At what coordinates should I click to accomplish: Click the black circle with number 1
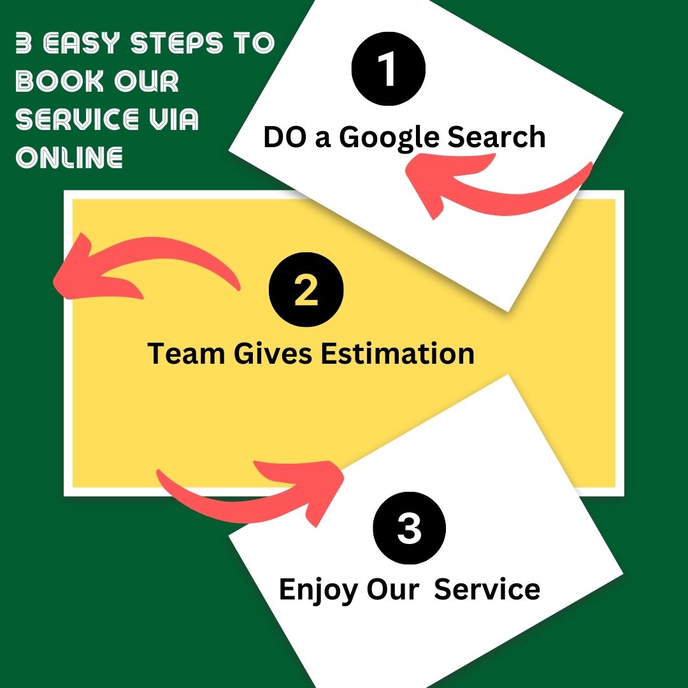click(x=389, y=69)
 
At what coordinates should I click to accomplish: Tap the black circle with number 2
click(x=306, y=290)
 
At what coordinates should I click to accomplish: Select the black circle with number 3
click(x=410, y=528)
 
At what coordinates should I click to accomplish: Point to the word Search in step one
click(x=496, y=136)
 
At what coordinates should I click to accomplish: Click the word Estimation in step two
click(x=398, y=353)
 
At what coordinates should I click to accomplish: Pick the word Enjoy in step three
click(x=319, y=591)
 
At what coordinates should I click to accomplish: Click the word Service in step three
click(x=487, y=589)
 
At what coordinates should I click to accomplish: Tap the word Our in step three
click(x=392, y=589)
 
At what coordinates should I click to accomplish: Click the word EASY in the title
click(x=82, y=43)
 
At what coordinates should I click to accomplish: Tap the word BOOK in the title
click(x=60, y=81)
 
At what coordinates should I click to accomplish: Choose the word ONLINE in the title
click(x=69, y=157)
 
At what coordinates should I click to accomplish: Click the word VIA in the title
click(x=174, y=119)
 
